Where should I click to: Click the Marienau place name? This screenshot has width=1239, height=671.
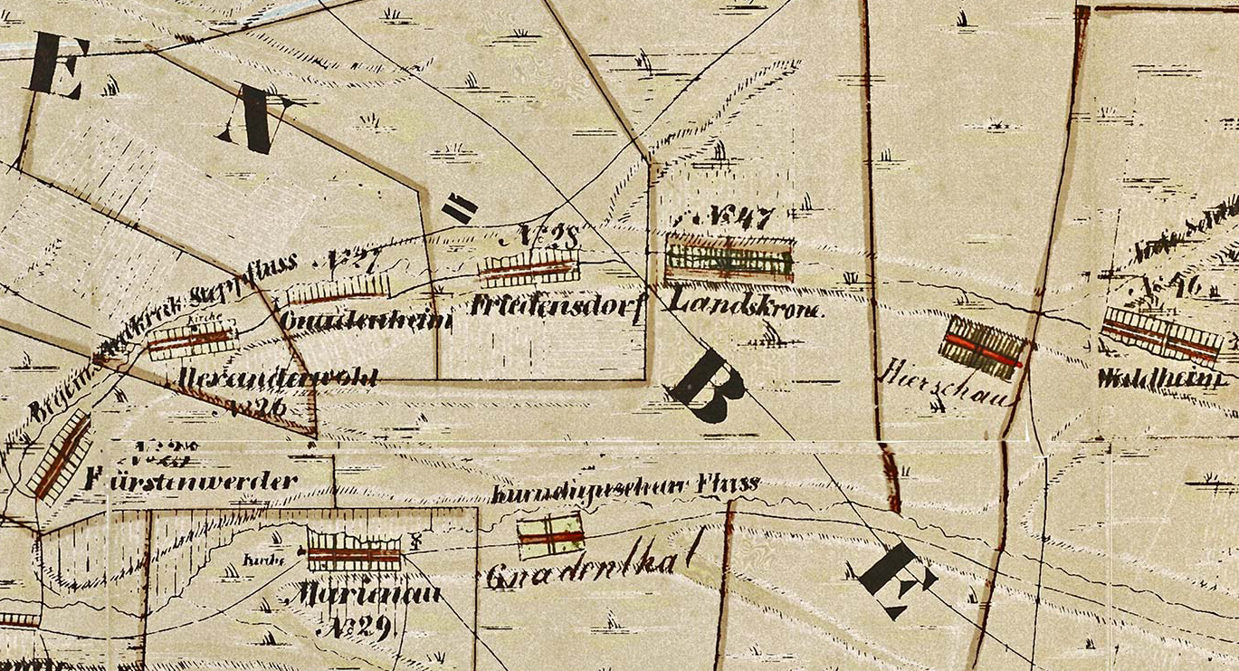click(x=361, y=594)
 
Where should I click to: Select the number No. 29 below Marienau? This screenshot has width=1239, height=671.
click(x=357, y=627)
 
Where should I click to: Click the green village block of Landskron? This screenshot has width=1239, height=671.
click(x=729, y=260)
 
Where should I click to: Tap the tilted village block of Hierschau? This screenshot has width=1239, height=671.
click(x=984, y=348)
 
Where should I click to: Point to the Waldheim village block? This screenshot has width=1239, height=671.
click(x=1161, y=333)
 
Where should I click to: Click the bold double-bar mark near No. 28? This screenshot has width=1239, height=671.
click(x=460, y=209)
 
